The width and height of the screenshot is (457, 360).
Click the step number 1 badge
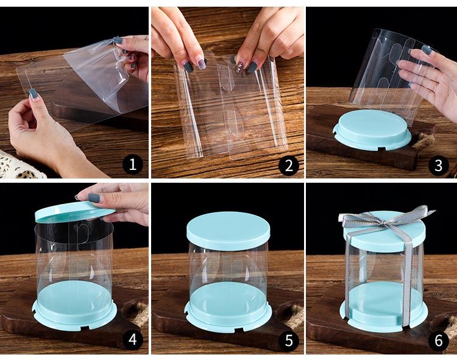coord(133,165)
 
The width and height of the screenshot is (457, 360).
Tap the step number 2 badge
coord(289,165)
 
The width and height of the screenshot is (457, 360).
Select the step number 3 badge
coord(438,165)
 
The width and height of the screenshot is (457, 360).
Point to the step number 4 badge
coord(133,339)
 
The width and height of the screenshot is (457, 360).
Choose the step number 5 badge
coord(289,340)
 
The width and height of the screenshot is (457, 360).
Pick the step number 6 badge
coord(438,340)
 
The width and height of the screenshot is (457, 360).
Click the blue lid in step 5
coord(228,230)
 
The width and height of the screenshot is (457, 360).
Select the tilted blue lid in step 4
coord(74,212)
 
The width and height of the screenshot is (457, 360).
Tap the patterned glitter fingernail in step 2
coord(240,66)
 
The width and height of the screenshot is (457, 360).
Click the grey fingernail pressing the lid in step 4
coord(94,198)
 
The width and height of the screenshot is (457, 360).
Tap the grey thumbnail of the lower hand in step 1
coord(34,93)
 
